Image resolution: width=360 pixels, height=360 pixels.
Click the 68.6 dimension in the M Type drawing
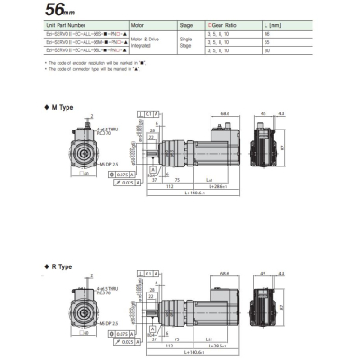(x=226, y=114)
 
